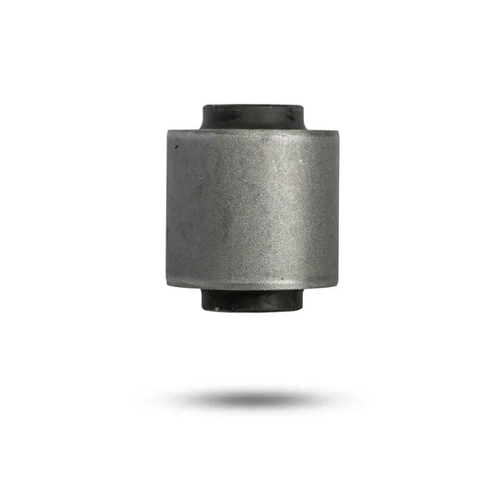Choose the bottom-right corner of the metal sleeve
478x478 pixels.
[x=337, y=285]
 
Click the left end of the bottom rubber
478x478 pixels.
[x=203, y=300]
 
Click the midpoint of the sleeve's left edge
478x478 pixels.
[x=167, y=208]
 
